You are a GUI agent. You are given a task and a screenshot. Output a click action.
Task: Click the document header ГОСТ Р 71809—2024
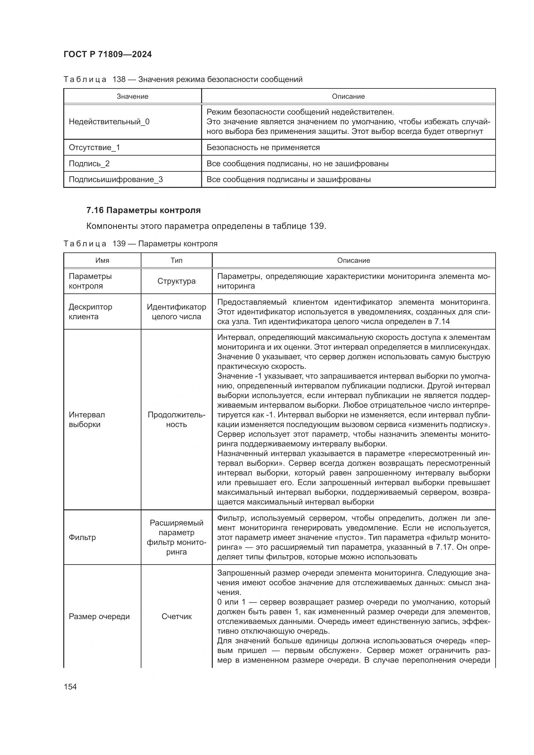click(x=108, y=54)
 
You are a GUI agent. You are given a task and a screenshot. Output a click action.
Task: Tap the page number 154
click(x=70, y=687)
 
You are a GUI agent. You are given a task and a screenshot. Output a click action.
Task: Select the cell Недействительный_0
click(x=109, y=122)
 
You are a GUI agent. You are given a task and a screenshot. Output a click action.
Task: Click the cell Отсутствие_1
click(x=94, y=147)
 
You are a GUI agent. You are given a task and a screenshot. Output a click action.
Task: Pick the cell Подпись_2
click(x=89, y=163)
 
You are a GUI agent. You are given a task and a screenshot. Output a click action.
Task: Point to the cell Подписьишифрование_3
click(x=116, y=179)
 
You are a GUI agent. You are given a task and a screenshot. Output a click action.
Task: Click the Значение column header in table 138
click(x=132, y=96)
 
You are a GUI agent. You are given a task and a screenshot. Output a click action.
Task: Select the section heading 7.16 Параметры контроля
click(x=143, y=210)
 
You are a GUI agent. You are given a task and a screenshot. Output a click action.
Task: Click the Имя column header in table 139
click(x=102, y=260)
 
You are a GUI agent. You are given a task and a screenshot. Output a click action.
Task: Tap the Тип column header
click(x=177, y=260)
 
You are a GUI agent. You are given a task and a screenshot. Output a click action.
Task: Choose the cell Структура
click(x=177, y=281)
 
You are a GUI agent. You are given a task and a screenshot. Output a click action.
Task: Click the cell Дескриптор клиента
click(x=90, y=311)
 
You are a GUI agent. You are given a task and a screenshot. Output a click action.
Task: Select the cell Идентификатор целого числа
click(x=177, y=311)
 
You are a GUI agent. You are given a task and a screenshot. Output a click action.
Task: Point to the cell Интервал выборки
click(x=87, y=419)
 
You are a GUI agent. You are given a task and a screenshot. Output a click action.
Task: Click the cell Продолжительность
click(x=177, y=419)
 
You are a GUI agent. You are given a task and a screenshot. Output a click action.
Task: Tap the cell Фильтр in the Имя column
click(x=82, y=537)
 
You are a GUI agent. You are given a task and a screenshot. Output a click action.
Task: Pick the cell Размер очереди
click(x=99, y=616)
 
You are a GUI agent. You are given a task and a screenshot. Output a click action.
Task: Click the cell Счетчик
click(x=177, y=616)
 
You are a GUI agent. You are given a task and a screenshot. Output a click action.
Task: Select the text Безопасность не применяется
click(x=263, y=147)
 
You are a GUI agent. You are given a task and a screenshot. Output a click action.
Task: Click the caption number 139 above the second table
click(x=119, y=244)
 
